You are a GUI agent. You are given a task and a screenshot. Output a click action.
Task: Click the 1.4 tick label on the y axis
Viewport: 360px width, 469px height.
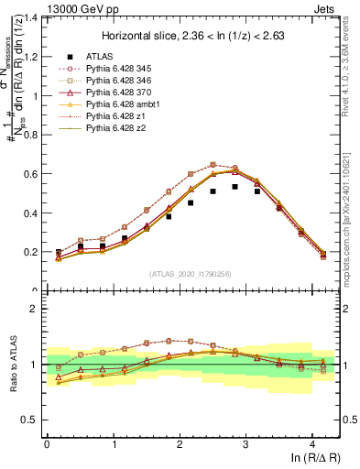[x=34, y=17]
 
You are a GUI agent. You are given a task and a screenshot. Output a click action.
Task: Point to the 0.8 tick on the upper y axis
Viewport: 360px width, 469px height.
[x=34, y=135]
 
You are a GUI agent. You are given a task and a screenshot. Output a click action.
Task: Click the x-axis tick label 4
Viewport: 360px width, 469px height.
[x=313, y=443]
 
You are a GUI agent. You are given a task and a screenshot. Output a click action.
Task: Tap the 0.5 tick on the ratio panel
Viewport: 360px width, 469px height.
[x=34, y=420]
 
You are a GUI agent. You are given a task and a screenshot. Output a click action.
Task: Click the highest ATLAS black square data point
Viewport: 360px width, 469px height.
[x=235, y=186]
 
